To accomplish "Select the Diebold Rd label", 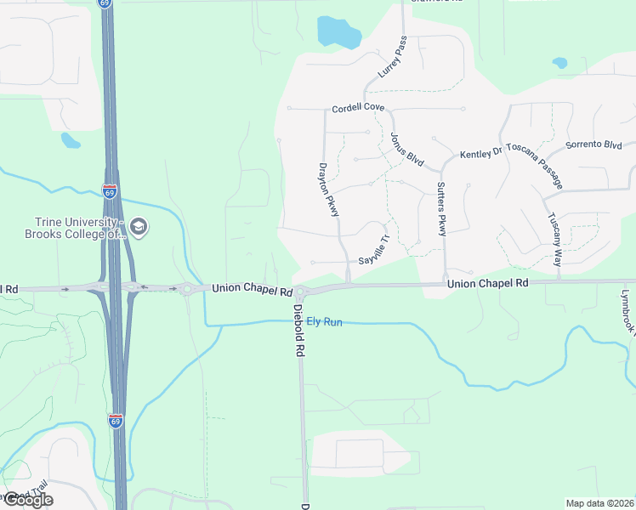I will click(299, 331).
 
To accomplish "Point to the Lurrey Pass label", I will click(393, 57).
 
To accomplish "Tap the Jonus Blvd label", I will click(406, 147).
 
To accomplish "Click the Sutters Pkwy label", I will click(441, 209).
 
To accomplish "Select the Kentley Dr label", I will click(482, 154).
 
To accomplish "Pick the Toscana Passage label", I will click(536, 161).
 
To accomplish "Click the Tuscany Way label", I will click(554, 229).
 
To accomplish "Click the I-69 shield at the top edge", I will click(105, 3).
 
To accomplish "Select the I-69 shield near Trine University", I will click(110, 191).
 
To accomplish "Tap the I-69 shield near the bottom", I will click(116, 421).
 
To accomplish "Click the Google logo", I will click(27, 500).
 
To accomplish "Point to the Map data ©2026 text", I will click(599, 503).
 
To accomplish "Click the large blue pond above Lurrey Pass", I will click(338, 32).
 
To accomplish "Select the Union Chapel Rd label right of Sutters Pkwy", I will click(488, 282).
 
